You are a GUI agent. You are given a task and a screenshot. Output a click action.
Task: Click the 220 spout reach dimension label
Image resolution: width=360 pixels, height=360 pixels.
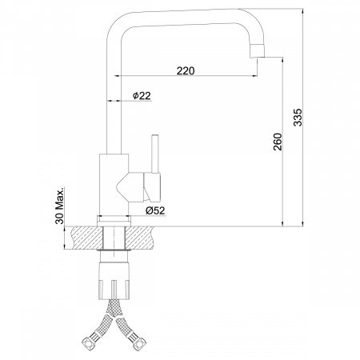coord(186,71)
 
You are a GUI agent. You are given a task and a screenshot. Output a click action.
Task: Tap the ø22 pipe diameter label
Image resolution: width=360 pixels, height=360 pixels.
coord(142,95)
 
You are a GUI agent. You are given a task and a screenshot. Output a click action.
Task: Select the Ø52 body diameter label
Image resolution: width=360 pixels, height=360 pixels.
coord(155,210)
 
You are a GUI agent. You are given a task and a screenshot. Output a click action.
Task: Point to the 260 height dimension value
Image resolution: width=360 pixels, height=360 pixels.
coord(278,142)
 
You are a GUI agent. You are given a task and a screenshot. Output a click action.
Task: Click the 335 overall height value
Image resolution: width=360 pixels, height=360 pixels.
coord(298,117)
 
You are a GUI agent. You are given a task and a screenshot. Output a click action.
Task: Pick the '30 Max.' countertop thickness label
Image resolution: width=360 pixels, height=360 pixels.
coord(60,206)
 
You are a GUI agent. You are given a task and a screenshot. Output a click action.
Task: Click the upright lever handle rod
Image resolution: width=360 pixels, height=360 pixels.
coord(155,154)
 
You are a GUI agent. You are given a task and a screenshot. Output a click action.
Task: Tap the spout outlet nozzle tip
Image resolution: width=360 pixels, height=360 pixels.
coord(257,50)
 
